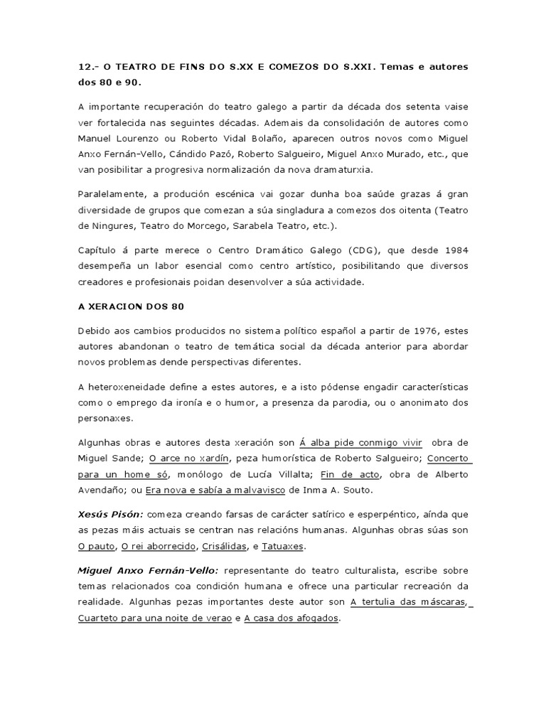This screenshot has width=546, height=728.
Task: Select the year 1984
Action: point(453,250)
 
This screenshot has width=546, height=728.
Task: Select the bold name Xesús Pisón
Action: point(110,514)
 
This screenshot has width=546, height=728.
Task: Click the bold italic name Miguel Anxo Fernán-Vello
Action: point(149,571)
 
